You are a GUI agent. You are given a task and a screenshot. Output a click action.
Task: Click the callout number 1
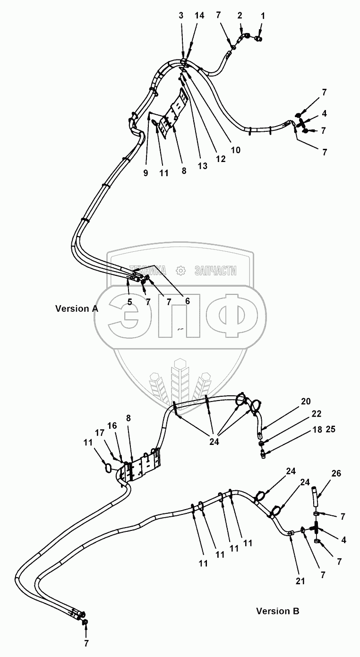tap(263, 16)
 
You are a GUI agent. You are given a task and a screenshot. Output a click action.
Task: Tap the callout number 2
tap(240, 16)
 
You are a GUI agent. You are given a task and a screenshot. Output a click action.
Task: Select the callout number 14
tap(199, 16)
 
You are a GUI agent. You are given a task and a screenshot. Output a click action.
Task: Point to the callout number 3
tap(181, 16)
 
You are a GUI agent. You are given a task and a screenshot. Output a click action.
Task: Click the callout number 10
tap(235, 150)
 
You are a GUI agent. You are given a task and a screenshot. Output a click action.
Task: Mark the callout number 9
tap(146, 173)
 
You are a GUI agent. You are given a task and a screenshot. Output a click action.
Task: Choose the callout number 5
tap(129, 301)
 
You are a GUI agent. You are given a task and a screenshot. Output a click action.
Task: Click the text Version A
tap(77, 308)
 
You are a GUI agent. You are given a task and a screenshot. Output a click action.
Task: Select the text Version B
tap(277, 611)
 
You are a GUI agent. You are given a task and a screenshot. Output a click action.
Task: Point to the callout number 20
tap(306, 401)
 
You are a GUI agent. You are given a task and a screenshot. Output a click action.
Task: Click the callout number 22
tap(316, 414)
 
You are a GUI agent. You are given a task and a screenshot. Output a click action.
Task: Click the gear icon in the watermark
tap(180, 270)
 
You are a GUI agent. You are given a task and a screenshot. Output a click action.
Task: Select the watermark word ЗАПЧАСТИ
tap(215, 270)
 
